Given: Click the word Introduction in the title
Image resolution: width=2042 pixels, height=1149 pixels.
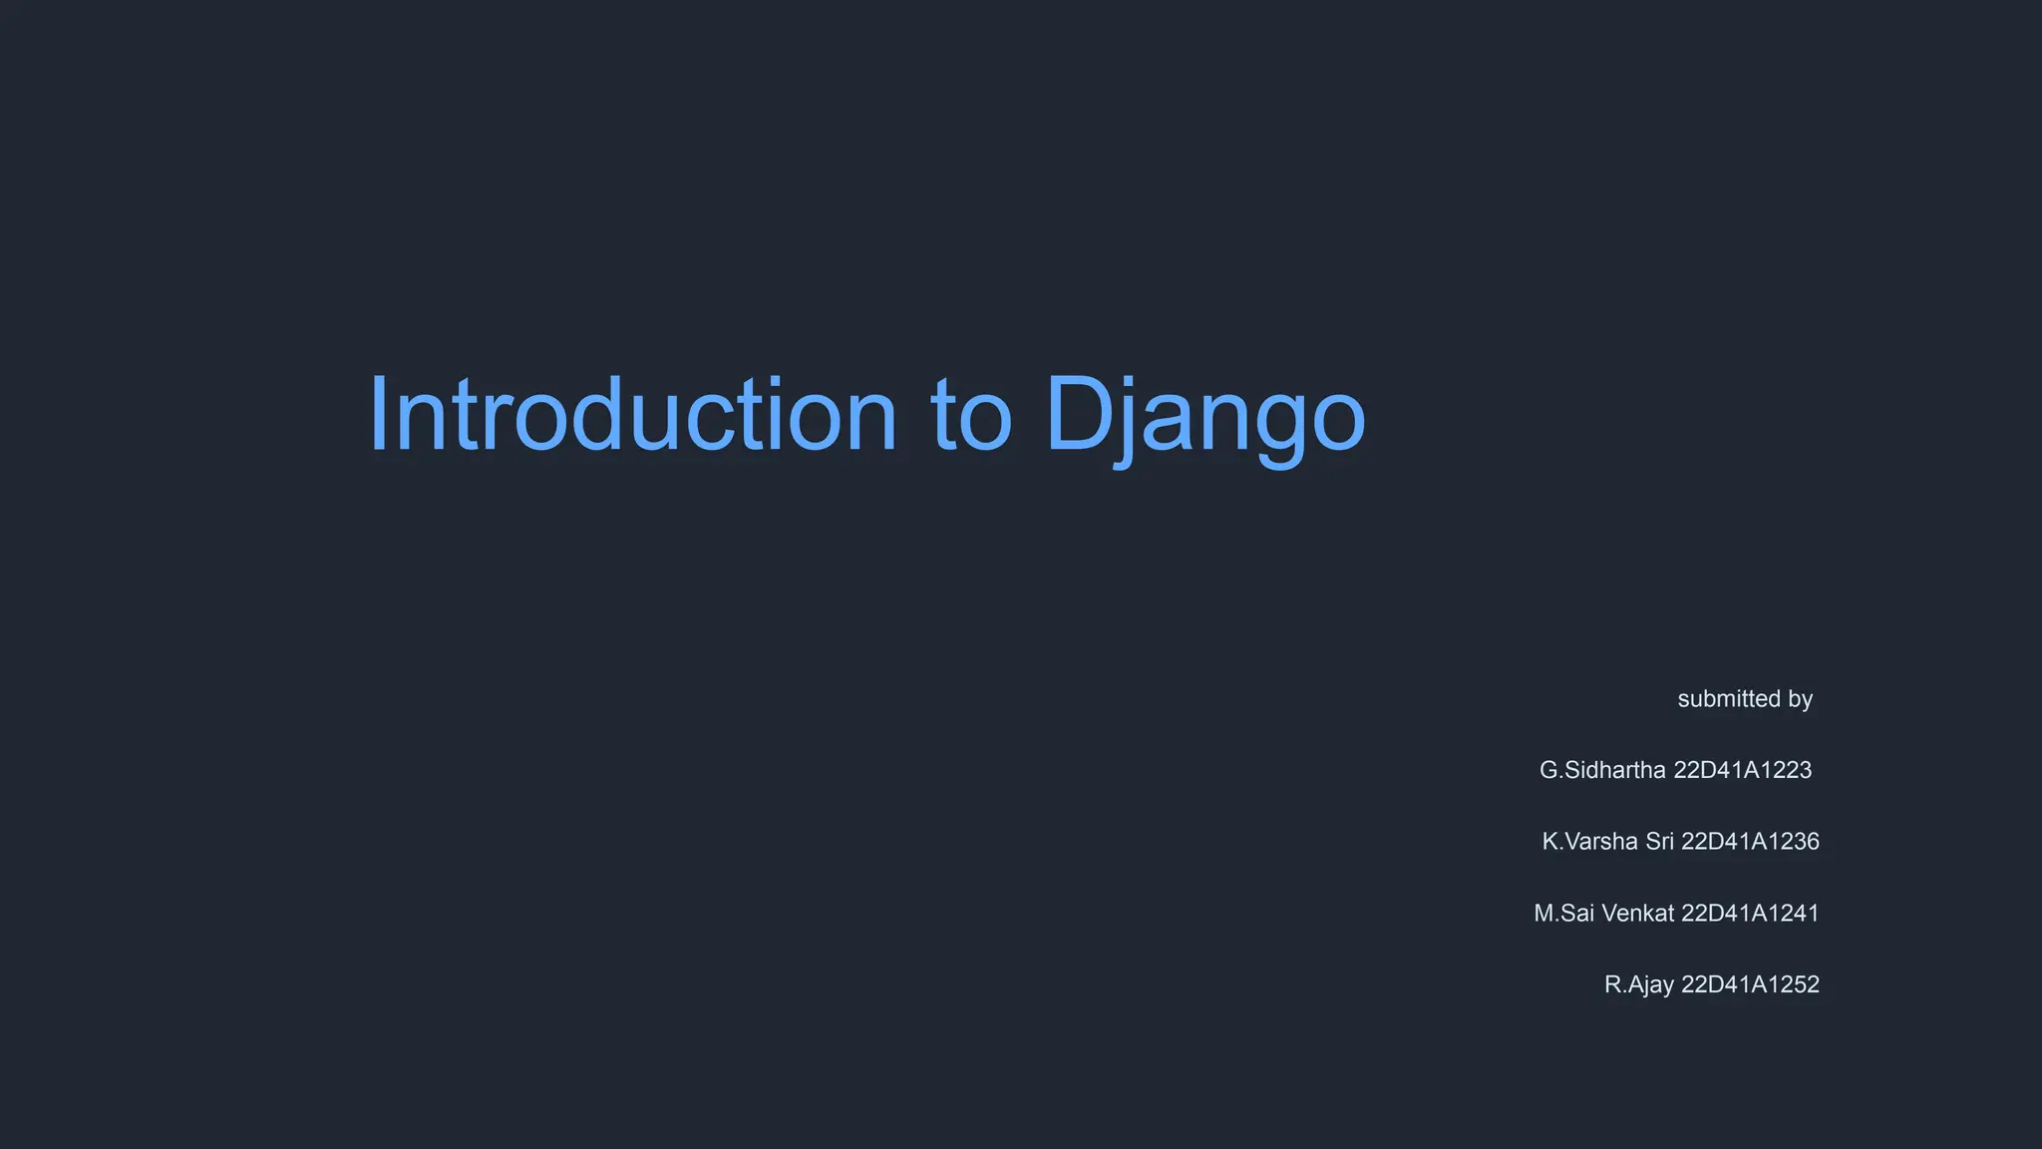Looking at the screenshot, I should tap(633, 414).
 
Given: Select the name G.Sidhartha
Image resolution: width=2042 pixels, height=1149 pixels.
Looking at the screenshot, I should tap(1602, 770).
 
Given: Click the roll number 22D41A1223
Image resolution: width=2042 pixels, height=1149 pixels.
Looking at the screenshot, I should tap(1742, 770).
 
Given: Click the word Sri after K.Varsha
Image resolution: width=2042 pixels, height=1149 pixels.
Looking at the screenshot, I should tap(1659, 842).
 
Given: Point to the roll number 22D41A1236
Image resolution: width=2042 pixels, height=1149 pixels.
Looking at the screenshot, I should tap(1750, 842).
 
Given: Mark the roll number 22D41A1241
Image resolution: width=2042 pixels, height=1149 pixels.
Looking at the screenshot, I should tap(1750, 914).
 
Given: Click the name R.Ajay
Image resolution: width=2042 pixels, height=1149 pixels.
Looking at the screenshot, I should tap(1638, 985).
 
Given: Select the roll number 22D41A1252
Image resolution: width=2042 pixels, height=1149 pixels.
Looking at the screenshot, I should tap(1750, 985).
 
